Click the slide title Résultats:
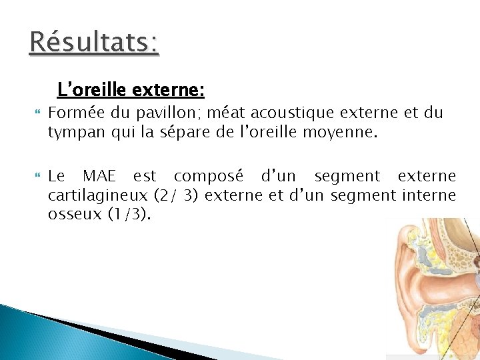94,43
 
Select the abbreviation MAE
101,177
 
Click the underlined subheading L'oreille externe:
131,89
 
